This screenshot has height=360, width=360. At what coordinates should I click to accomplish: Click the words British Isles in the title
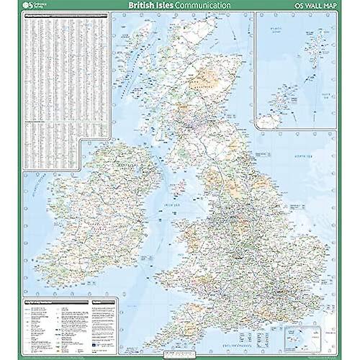pyautogui.click(x=150, y=6)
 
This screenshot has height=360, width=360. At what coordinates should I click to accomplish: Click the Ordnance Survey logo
pyautogui.click(x=32, y=6)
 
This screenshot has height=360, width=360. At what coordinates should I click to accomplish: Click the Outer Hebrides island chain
pyautogui.click(x=122, y=72)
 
